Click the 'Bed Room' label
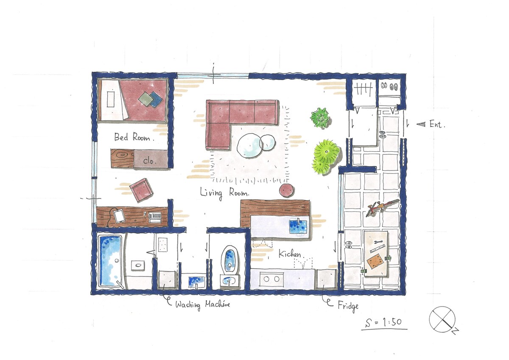[134, 137]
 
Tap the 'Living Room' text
[224, 193]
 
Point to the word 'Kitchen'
[289, 254]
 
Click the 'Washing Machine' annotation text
[202, 304]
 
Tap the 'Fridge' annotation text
[348, 306]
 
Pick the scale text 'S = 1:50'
[384, 323]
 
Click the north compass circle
[442, 319]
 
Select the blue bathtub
[110, 262]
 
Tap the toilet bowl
[229, 260]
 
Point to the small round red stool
[287, 190]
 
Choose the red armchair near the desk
[141, 190]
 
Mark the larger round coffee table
[249, 145]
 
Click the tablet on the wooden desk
[119, 216]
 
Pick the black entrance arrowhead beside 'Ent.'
[421, 124]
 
